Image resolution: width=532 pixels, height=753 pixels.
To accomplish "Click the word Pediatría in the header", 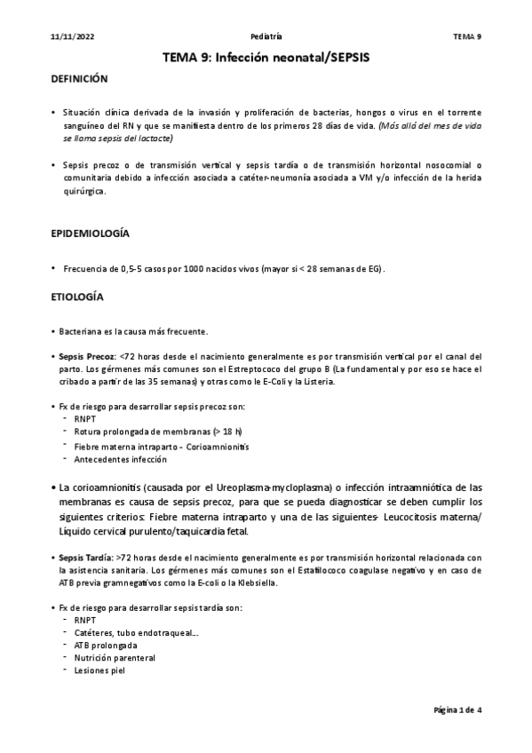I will tap(266, 36).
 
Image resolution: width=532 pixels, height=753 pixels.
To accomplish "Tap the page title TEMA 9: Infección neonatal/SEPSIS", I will tap(266, 57).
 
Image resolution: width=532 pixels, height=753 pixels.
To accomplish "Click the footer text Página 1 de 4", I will tap(457, 710).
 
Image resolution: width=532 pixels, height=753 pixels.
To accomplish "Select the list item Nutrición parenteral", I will tap(114, 658).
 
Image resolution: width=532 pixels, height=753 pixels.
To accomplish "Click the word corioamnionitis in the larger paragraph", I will tap(96, 487).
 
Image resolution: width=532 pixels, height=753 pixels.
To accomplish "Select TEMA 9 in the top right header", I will tap(467, 36).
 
